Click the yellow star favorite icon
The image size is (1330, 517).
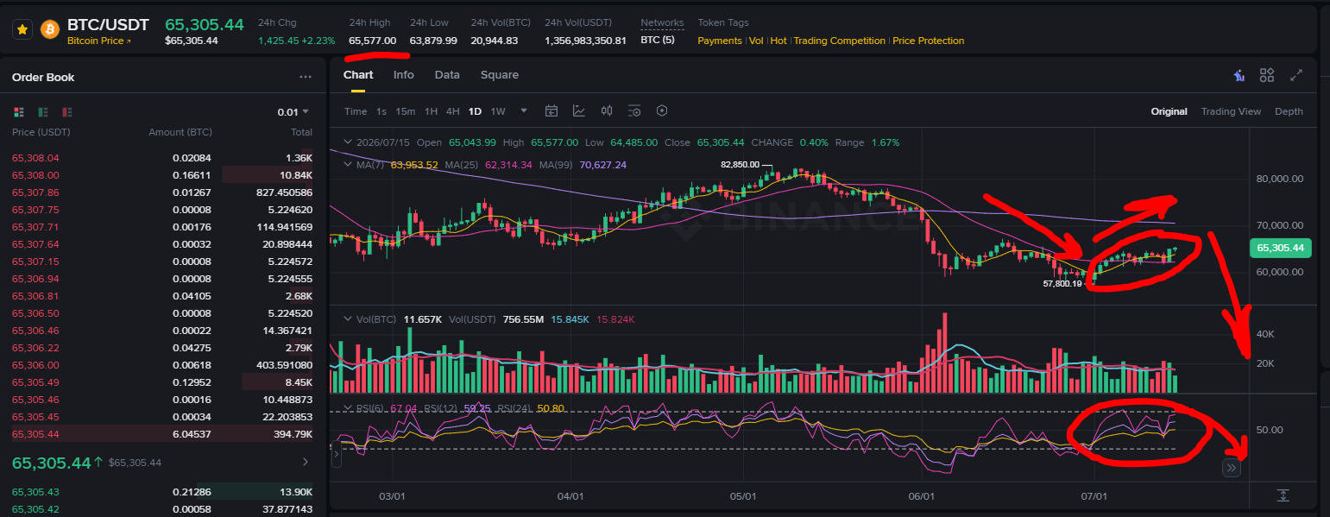[x=22, y=29]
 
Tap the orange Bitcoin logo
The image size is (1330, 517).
[x=50, y=29]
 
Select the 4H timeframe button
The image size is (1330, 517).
[x=452, y=111]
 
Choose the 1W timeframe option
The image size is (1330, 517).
[x=497, y=111]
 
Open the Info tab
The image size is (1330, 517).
[x=404, y=75]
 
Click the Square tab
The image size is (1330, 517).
[x=500, y=75]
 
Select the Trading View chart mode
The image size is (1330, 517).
[x=1231, y=111]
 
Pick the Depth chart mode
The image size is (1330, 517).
[x=1289, y=111]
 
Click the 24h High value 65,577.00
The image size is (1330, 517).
[x=372, y=41]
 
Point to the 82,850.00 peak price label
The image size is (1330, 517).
[x=740, y=164]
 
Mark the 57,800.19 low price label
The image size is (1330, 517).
[x=1062, y=284]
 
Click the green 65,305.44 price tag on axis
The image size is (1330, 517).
[x=1280, y=248]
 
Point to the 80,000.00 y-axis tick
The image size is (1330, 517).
[x=1280, y=179]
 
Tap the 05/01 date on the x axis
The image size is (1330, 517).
[x=743, y=496]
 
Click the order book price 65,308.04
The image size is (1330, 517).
[x=35, y=158]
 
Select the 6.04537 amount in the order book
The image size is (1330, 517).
[x=192, y=434]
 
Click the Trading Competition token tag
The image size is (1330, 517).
[x=839, y=41]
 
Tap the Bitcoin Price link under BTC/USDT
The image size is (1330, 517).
[x=98, y=41]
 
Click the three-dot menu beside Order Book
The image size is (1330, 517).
[x=306, y=77]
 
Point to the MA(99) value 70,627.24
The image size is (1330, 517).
[x=602, y=165]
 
